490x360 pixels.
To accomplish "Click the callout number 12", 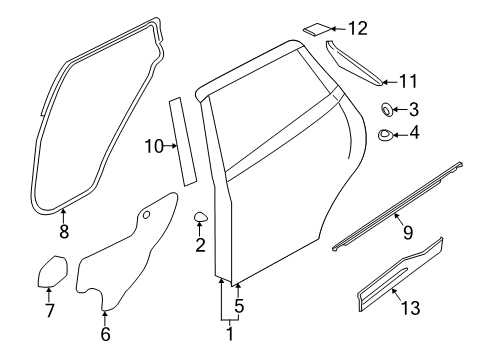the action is [358, 28].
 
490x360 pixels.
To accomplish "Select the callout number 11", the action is [408, 81].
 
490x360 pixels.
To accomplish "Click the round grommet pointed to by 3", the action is [387, 110].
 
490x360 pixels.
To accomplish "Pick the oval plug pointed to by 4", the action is [385, 135].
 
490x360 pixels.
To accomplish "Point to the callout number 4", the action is [414, 133].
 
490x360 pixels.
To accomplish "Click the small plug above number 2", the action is [201, 217].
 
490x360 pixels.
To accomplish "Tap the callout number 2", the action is [200, 245].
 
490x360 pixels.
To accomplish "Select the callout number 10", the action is [154, 146].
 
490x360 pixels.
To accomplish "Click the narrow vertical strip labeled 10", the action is [183, 142].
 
